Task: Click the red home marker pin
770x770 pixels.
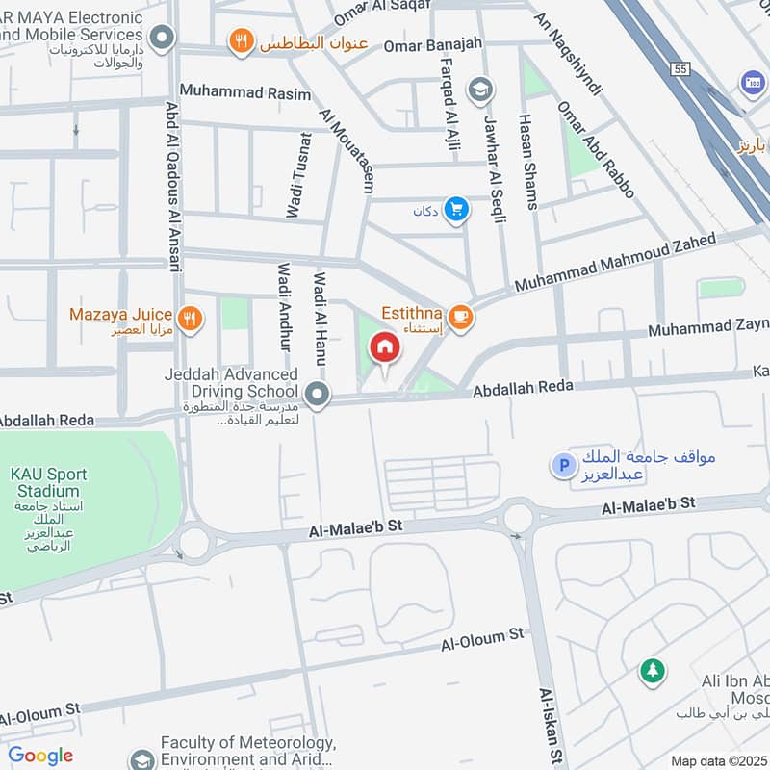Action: (384, 348)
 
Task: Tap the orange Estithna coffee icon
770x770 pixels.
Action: (461, 316)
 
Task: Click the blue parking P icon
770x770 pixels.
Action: (561, 466)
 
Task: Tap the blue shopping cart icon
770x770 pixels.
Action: (456, 210)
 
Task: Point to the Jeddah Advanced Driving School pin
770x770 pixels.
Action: (317, 393)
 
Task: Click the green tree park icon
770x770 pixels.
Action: (653, 671)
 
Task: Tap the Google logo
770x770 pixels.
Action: (40, 756)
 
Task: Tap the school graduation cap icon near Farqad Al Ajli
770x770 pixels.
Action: (478, 91)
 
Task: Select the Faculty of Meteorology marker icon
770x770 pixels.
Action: (142, 759)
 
